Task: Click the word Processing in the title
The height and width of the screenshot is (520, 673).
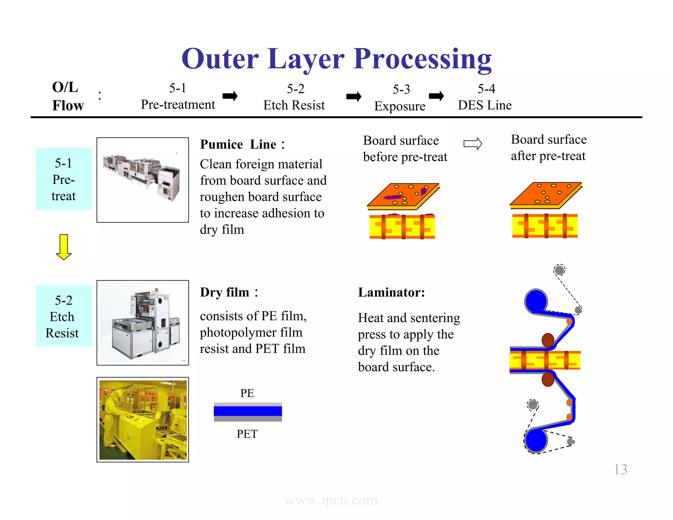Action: (x=423, y=59)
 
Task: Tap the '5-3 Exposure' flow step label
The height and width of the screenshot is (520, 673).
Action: (x=400, y=98)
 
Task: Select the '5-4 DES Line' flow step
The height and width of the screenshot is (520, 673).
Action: (x=485, y=97)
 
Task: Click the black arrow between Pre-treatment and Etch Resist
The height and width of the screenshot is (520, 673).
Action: (x=230, y=96)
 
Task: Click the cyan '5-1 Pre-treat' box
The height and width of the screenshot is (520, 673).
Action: (x=64, y=179)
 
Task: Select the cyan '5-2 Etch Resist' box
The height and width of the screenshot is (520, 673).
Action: (x=64, y=316)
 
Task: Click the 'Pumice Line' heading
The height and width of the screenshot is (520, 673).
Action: (x=242, y=145)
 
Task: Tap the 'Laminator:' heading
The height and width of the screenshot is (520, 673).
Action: (x=391, y=292)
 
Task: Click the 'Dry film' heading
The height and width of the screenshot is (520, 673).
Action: (x=229, y=292)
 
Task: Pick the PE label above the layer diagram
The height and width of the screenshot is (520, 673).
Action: (x=247, y=393)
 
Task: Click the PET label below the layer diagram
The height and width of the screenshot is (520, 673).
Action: (x=247, y=434)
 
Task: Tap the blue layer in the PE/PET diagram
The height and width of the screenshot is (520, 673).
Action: (x=248, y=411)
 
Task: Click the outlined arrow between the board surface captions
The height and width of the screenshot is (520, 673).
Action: (x=473, y=144)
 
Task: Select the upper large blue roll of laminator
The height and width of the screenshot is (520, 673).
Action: (x=536, y=301)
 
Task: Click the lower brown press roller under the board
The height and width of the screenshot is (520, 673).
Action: (x=548, y=379)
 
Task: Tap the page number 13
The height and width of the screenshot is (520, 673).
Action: (x=620, y=469)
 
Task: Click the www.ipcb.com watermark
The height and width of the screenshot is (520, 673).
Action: (x=331, y=500)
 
